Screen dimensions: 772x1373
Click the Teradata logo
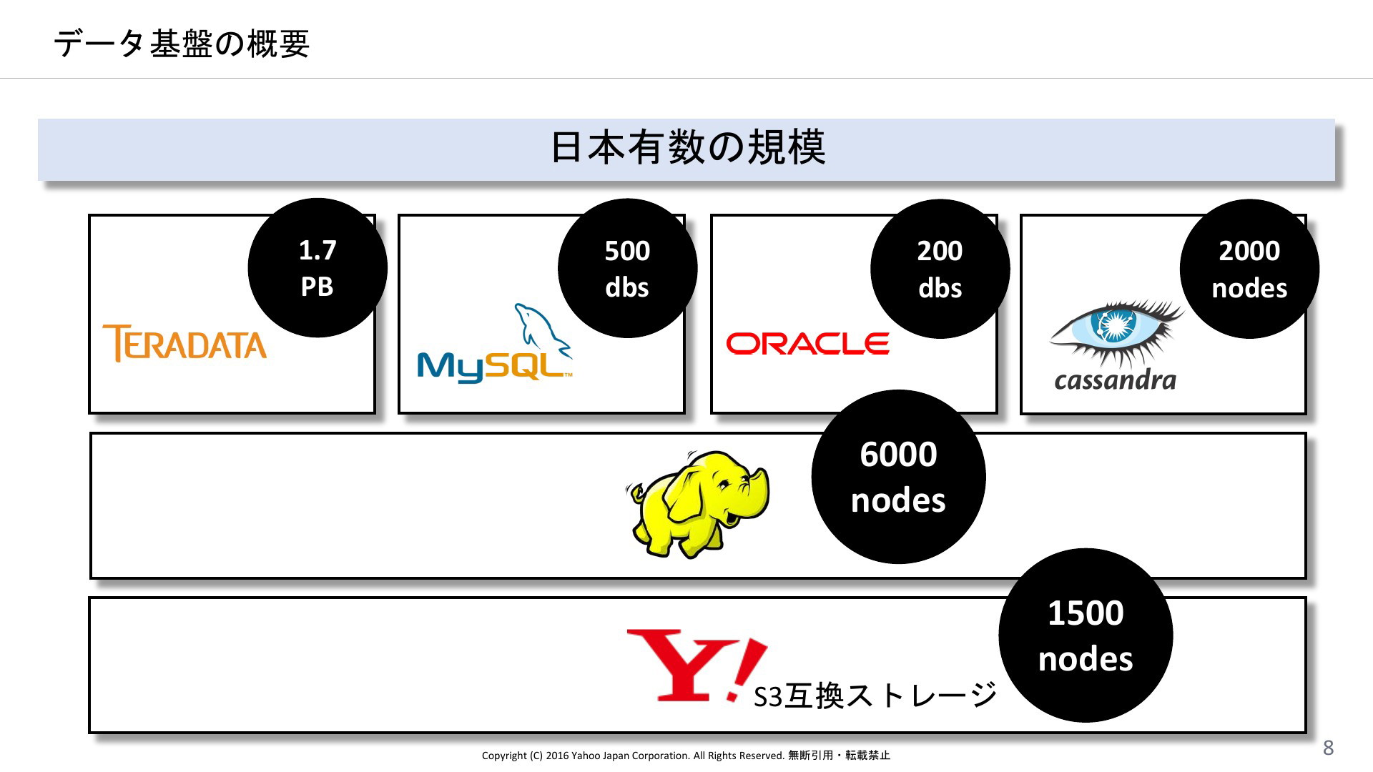184,344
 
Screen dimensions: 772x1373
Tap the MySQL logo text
493,367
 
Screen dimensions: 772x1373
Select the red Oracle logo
807,344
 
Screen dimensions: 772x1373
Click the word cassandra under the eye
1115,380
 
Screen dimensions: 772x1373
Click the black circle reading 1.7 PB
318,268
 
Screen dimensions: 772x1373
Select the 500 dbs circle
627,269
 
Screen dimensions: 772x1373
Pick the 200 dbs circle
940,269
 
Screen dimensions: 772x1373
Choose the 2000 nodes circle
1249,269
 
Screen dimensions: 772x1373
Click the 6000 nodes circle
898,477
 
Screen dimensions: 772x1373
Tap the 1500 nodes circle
1086,635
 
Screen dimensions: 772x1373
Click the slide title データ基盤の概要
181,44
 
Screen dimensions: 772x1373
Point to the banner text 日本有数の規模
687,148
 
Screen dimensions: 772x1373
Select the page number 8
1328,748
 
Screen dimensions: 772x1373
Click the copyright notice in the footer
686,756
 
